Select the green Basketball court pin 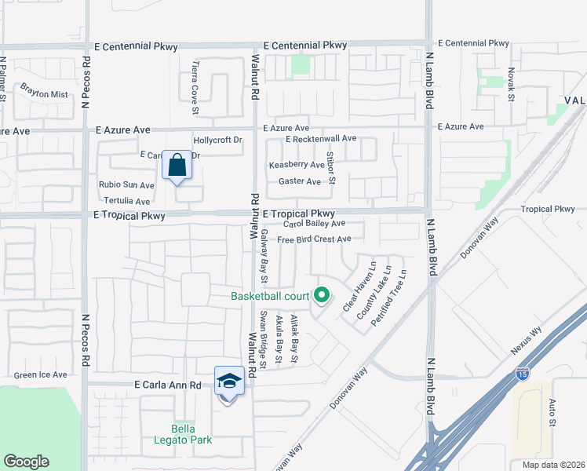[321, 296]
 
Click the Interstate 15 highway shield [522, 375]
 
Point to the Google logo [26, 462]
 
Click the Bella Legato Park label [191, 434]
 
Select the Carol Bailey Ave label [315, 224]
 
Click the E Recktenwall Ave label [321, 139]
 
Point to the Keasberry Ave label [297, 165]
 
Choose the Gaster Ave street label [300, 181]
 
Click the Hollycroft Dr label [218, 140]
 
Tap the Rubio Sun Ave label [126, 185]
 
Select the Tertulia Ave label [127, 201]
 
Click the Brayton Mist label [44, 94]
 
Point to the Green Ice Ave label [40, 375]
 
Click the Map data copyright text [547, 464]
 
